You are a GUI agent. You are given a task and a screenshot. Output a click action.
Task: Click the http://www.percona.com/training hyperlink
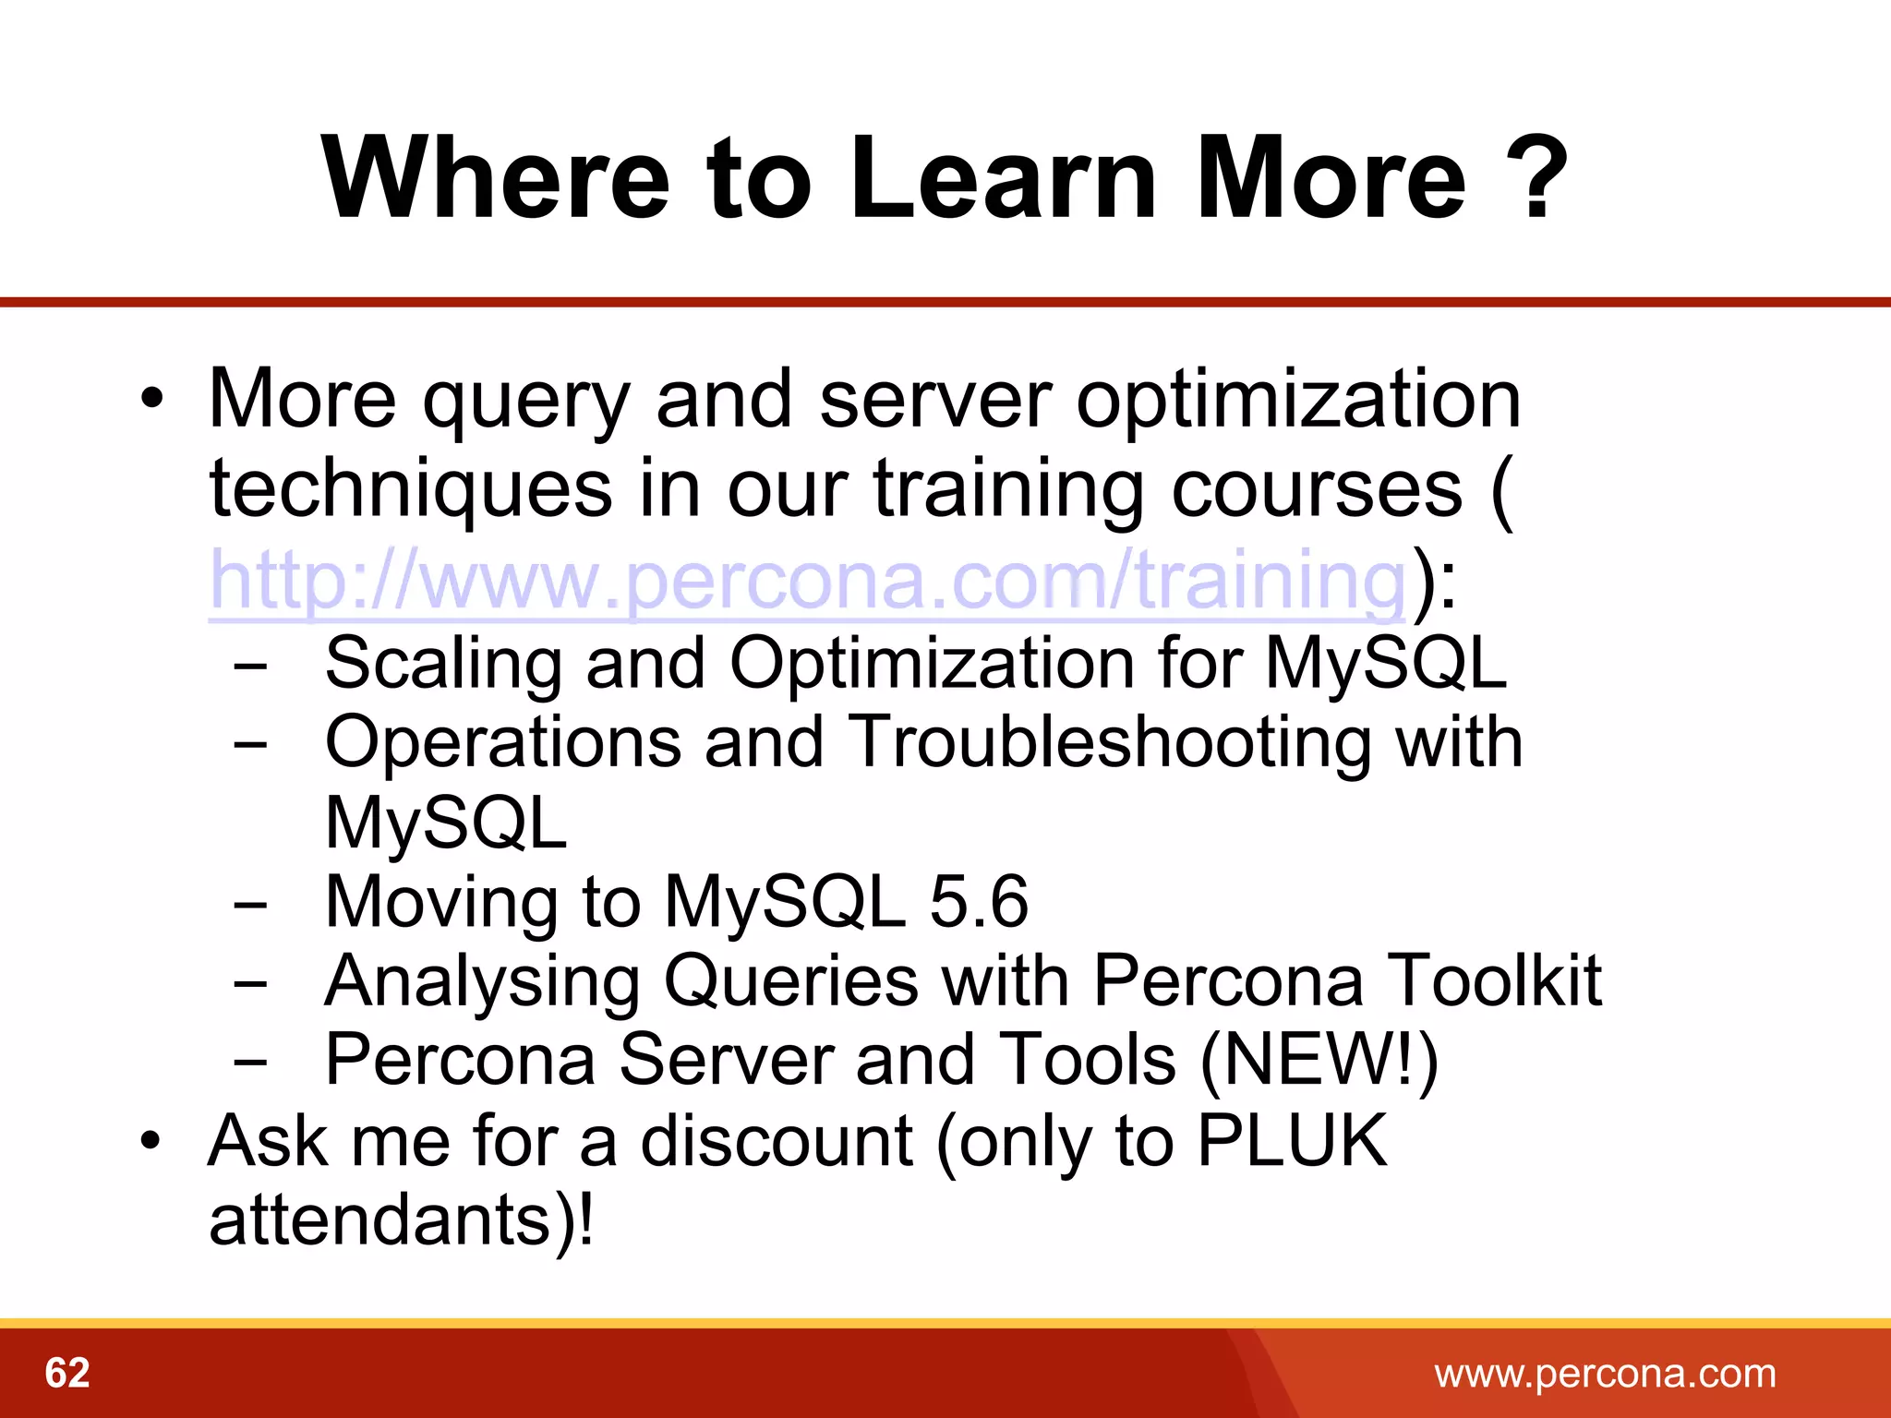[x=808, y=582]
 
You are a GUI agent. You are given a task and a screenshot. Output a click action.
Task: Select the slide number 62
[x=67, y=1373]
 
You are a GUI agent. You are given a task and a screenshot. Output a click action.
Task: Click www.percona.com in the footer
[x=1605, y=1373]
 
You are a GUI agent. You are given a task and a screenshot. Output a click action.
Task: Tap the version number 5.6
[x=979, y=901]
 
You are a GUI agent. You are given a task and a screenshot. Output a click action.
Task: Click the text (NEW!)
[x=1319, y=1060]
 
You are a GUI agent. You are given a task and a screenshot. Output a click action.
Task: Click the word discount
[x=776, y=1141]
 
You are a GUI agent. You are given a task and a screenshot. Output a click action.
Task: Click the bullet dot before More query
[x=152, y=400]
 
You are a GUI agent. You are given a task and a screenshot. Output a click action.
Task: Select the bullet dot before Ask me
[x=152, y=1142]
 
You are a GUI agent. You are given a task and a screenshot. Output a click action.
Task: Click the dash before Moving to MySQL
[x=250, y=906]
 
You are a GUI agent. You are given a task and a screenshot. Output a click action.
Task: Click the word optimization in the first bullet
[x=1297, y=400]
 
